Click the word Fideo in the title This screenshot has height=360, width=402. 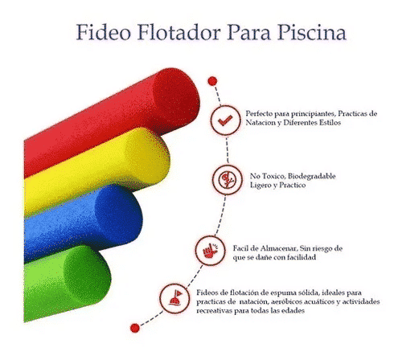click(104, 32)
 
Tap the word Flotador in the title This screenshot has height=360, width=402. click(179, 32)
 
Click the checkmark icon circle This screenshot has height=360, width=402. click(225, 120)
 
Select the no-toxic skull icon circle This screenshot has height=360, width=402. click(228, 179)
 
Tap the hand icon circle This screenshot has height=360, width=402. click(211, 250)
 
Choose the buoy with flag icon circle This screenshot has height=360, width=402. click(174, 298)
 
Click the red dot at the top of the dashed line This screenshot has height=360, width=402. click(212, 81)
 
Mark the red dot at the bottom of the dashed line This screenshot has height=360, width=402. click(135, 328)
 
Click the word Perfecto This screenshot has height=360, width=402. click(260, 113)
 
